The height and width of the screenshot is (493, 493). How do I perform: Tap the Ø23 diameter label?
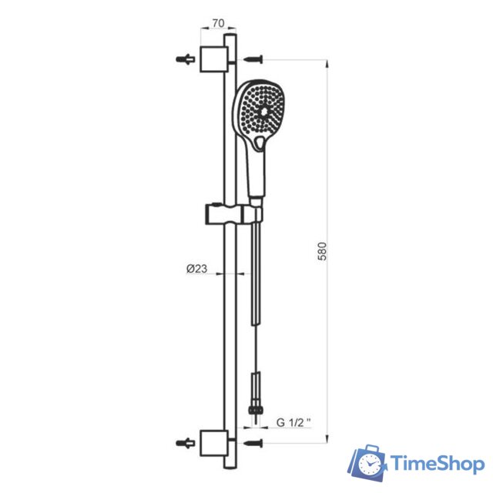click(x=197, y=269)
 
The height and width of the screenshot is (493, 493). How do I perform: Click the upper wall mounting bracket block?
click(x=213, y=59)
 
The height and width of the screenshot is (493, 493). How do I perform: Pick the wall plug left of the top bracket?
click(x=185, y=59)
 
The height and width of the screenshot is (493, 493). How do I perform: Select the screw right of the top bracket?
click(x=254, y=59)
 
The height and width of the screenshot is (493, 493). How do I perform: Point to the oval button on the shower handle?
click(x=260, y=145)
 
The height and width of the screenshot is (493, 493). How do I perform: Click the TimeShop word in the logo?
click(x=437, y=464)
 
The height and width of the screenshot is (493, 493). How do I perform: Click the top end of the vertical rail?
click(x=229, y=35)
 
